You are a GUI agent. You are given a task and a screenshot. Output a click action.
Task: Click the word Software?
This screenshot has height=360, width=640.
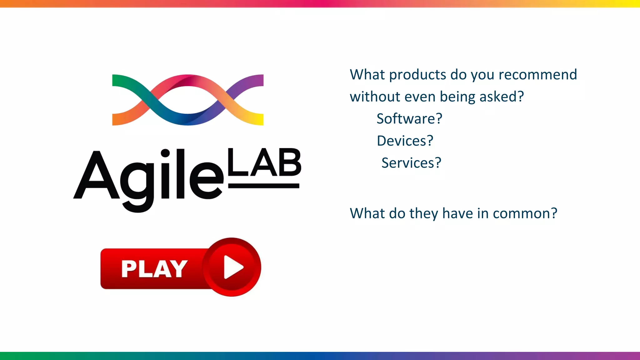point(409,119)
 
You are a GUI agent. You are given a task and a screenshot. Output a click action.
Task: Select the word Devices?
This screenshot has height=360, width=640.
point(405,141)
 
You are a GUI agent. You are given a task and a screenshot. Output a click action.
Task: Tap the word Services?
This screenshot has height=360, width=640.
point(411,163)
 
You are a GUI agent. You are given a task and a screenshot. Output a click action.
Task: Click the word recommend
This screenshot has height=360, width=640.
point(537,75)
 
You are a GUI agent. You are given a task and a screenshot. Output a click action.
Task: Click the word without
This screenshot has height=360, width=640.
point(375,97)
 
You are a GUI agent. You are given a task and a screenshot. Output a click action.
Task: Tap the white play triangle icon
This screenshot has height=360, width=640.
point(233,267)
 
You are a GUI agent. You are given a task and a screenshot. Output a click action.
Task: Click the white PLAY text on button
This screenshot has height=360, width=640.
point(154,269)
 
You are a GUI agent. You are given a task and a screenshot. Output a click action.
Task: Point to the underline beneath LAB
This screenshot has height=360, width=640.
point(264,186)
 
